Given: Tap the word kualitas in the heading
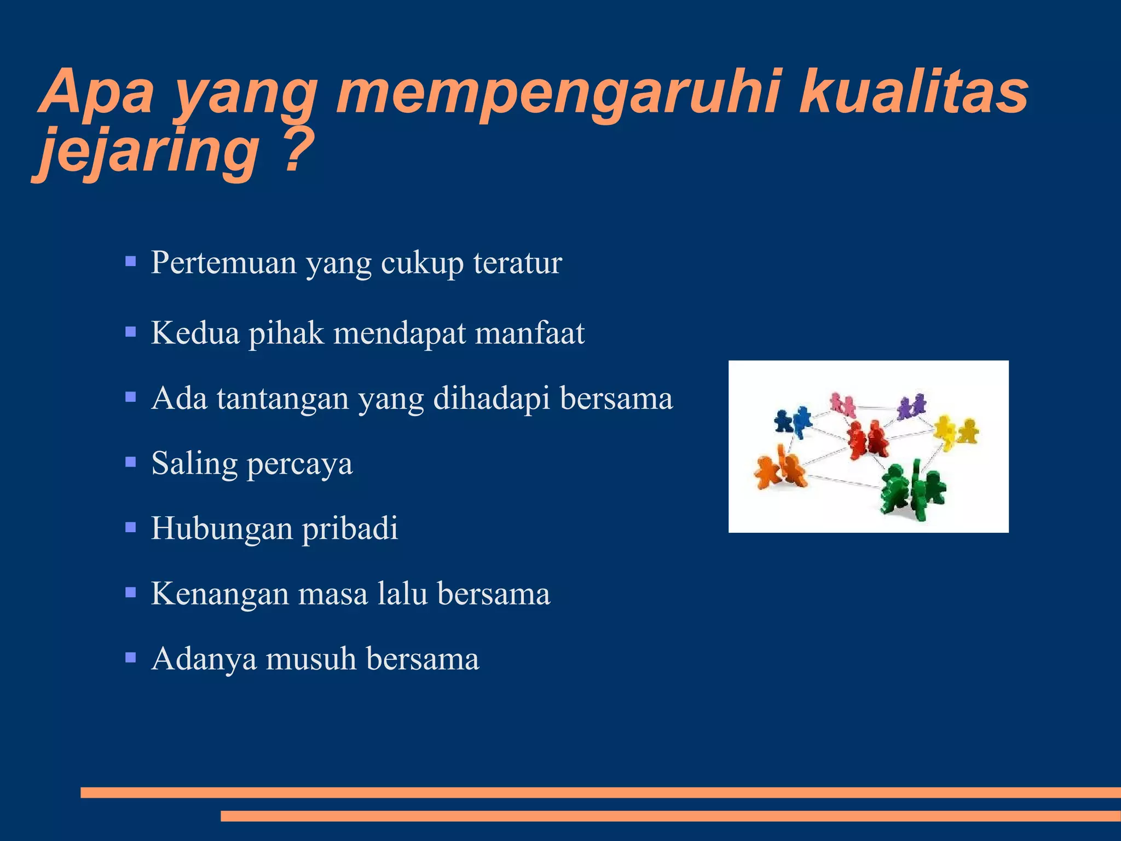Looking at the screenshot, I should [913, 92].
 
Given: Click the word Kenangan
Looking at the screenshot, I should [219, 594].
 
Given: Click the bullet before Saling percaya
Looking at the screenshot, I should [130, 463].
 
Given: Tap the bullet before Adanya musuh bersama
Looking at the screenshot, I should [130, 657].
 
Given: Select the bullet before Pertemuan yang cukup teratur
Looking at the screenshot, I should [130, 261].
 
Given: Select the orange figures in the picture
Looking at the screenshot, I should [779, 470].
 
